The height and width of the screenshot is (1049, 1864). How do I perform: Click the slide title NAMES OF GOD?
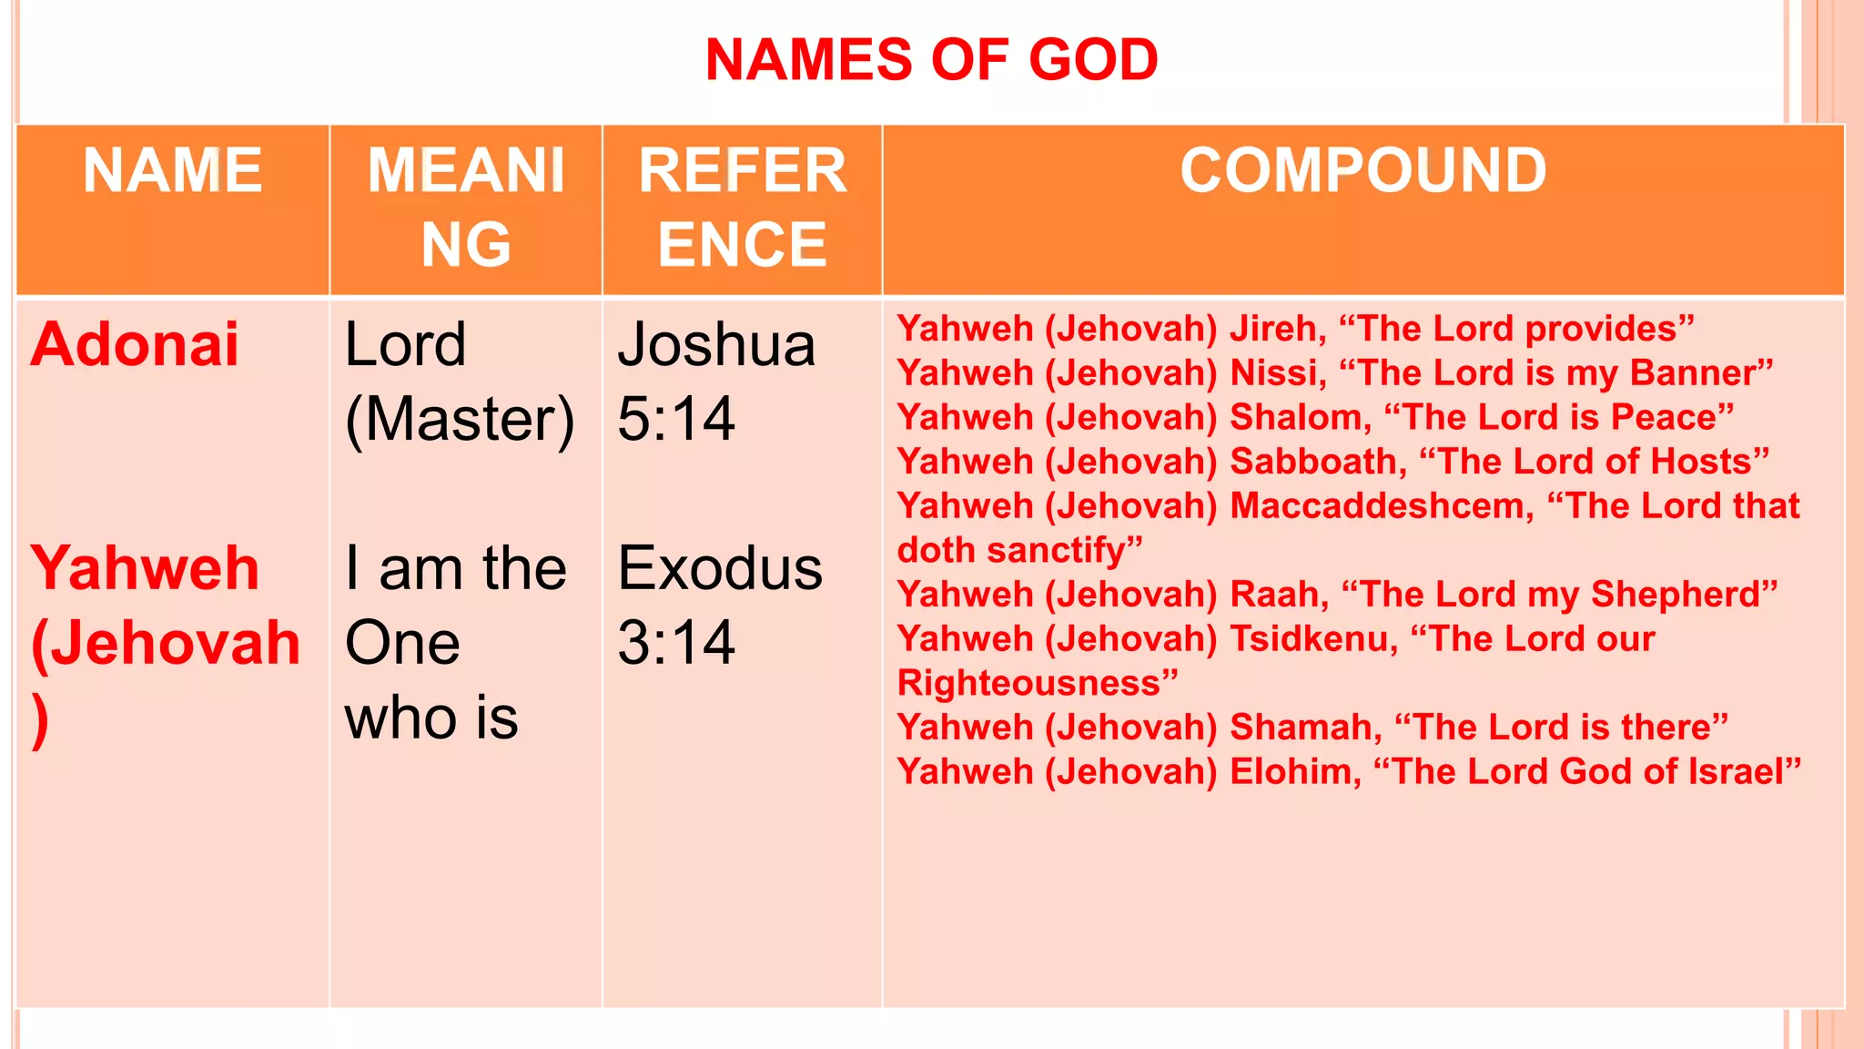click(x=931, y=60)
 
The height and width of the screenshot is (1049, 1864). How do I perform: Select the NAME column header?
click(x=173, y=170)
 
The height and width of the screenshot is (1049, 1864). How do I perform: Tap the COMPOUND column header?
click(x=1363, y=170)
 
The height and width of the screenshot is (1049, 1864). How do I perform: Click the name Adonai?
click(x=135, y=345)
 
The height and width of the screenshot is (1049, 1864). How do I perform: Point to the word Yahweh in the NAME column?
click(x=146, y=568)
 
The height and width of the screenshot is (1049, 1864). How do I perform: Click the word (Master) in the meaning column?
click(x=460, y=420)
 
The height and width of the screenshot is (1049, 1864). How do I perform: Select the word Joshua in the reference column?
click(x=716, y=345)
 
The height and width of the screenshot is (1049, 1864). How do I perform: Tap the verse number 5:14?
click(x=676, y=420)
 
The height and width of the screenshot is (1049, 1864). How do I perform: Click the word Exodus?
click(x=720, y=568)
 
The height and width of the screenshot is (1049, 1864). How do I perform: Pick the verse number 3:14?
click(x=676, y=643)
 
